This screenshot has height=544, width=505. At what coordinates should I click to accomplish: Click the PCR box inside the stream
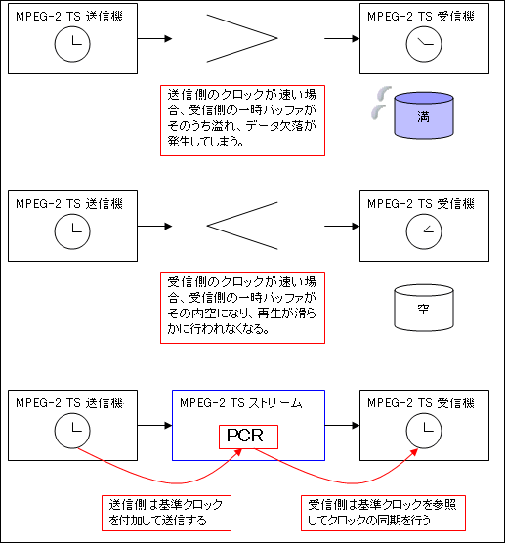click(x=248, y=437)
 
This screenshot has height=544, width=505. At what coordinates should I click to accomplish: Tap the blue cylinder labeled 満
click(x=424, y=115)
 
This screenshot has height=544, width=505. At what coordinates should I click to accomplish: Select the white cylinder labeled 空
click(x=424, y=308)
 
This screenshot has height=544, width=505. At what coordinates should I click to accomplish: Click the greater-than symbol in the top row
click(x=277, y=38)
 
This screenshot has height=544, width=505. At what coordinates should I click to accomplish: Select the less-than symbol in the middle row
click(x=208, y=226)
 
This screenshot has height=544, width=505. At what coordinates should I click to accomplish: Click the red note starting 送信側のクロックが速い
click(x=242, y=120)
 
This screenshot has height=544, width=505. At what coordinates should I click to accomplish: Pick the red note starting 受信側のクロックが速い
click(x=242, y=308)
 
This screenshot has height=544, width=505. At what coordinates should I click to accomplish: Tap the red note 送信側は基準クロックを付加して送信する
click(x=166, y=513)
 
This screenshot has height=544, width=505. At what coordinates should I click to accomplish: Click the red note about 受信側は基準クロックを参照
click(x=383, y=513)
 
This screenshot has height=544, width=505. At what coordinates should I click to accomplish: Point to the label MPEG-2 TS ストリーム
click(x=241, y=403)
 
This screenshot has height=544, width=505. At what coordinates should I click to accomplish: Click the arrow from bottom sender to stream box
click(x=154, y=426)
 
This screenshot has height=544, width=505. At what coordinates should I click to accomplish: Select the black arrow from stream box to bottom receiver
click(x=342, y=426)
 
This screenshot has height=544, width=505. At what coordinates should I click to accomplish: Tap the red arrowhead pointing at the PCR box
click(x=237, y=452)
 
